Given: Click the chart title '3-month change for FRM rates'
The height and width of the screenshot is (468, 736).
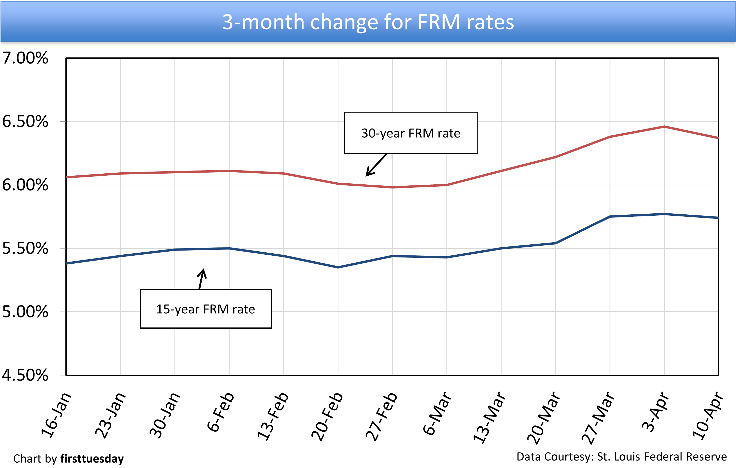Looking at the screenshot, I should point(368,22).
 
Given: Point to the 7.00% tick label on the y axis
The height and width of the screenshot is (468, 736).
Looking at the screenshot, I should point(25,58).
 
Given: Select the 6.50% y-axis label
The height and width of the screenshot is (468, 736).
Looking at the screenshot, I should point(25,122).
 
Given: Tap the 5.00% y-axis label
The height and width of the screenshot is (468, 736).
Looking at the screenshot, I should point(25,312).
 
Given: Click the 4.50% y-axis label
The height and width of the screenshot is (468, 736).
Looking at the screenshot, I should point(25,375).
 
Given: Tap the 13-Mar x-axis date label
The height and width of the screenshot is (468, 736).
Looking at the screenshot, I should point(489,417).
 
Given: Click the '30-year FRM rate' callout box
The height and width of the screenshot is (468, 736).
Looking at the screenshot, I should point(411,133).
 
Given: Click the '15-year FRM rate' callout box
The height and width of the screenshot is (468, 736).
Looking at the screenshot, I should point(206,309).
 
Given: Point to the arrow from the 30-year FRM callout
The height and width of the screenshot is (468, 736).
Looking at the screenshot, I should point(376,165).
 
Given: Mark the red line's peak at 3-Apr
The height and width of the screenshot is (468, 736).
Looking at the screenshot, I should point(664,126).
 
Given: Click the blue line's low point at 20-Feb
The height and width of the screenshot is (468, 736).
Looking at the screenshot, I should point(338,267).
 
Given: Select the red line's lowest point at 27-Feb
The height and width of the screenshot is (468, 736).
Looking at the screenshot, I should point(392,187).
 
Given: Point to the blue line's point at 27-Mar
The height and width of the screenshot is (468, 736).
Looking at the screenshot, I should point(610,217).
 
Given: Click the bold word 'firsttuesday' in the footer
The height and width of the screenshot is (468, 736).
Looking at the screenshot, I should point(92,459).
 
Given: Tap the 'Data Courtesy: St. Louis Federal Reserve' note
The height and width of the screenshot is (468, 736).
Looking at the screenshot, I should point(621,457).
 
